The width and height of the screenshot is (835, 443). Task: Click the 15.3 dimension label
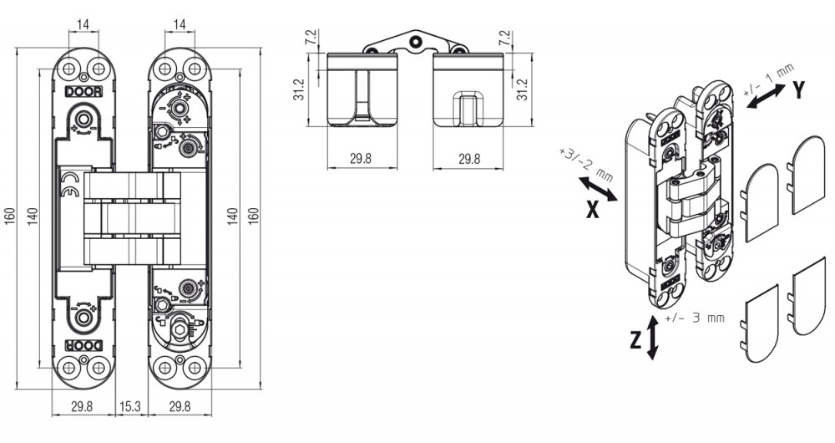tap(130, 406)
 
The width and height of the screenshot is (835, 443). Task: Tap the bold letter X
tap(593, 210)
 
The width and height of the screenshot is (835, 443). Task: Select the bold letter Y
tap(797, 91)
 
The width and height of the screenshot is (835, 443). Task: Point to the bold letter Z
tap(635, 340)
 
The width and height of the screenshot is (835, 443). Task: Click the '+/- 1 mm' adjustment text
tap(768, 79)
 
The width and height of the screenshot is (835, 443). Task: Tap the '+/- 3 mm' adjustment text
tap(695, 318)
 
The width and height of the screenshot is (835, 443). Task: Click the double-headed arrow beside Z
tap(652, 338)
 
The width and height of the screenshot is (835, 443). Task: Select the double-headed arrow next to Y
tap(766, 96)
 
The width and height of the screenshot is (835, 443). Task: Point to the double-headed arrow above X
tap(598, 189)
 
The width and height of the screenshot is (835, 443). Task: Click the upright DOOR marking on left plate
tap(83, 92)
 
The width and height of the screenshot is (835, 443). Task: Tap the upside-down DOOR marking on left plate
tap(83, 345)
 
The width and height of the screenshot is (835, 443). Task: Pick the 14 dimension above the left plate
tap(83, 24)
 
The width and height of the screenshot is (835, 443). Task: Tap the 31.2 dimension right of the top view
tap(523, 89)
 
